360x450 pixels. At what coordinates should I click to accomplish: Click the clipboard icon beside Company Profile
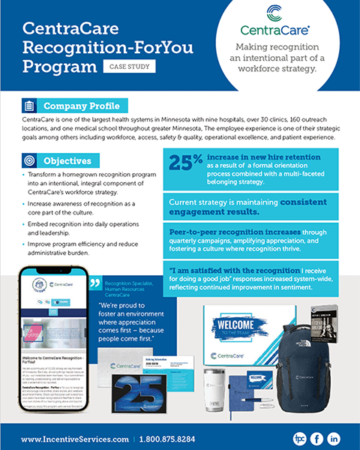[28, 106]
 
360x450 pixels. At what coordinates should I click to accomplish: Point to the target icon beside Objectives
[28, 160]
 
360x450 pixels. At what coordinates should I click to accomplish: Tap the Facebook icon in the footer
[316, 438]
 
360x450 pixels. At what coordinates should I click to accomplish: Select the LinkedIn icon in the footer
[334, 438]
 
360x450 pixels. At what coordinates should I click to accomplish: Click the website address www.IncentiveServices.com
[73, 438]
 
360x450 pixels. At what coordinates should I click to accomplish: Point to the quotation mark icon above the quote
[95, 283]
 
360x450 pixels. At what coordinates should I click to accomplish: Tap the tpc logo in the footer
[298, 438]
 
